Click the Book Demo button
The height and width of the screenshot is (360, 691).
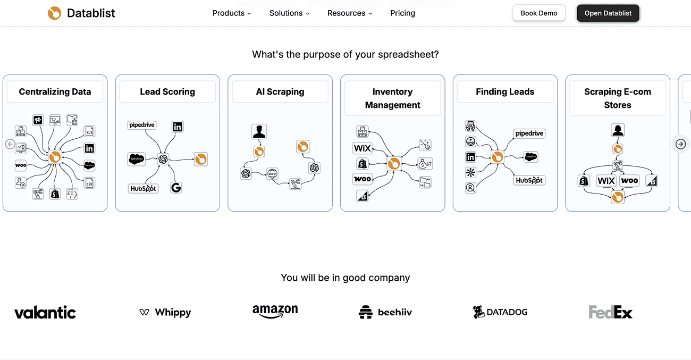[538, 13]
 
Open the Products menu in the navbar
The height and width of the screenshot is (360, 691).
[232, 13]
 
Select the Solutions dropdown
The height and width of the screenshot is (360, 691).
[289, 13]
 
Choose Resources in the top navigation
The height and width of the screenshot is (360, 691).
[350, 13]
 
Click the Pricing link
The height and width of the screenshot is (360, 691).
[402, 13]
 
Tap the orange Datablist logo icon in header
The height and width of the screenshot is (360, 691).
[54, 13]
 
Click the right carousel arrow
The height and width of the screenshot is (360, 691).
[680, 144]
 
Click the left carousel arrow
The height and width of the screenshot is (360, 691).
[10, 144]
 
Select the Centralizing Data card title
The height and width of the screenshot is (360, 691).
[55, 91]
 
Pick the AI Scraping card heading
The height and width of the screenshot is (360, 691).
[280, 91]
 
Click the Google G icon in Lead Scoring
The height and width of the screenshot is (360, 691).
[176, 187]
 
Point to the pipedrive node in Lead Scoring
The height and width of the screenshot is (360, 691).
[142, 125]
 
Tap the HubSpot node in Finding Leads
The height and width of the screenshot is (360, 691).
[529, 180]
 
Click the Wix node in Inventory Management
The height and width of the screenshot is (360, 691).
[363, 148]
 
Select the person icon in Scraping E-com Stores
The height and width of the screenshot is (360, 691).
[617, 130]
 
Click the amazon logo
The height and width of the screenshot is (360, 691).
[275, 311]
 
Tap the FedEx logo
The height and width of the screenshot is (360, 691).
[610, 312]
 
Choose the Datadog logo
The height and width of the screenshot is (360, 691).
[500, 312]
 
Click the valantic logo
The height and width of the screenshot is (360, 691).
[45, 313]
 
